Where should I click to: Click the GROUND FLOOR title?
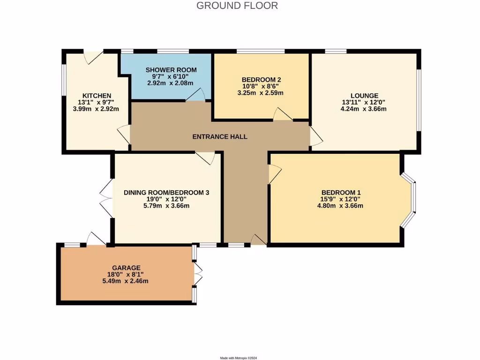pos(237,6)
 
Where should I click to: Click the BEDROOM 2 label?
pos(261,79)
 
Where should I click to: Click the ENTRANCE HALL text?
pos(220,137)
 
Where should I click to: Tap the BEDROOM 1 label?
pos(341,192)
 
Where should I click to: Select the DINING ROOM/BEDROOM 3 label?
pos(166,192)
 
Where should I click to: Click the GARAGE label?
pos(126,268)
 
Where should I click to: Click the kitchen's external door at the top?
pos(92,57)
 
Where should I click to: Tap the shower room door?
pos(195,95)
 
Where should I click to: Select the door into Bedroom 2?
pos(283,114)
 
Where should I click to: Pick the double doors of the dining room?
pos(106,197)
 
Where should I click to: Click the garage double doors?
pos(198,274)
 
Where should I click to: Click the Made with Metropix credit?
pos(239,358)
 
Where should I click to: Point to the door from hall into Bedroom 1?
pos(274,174)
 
